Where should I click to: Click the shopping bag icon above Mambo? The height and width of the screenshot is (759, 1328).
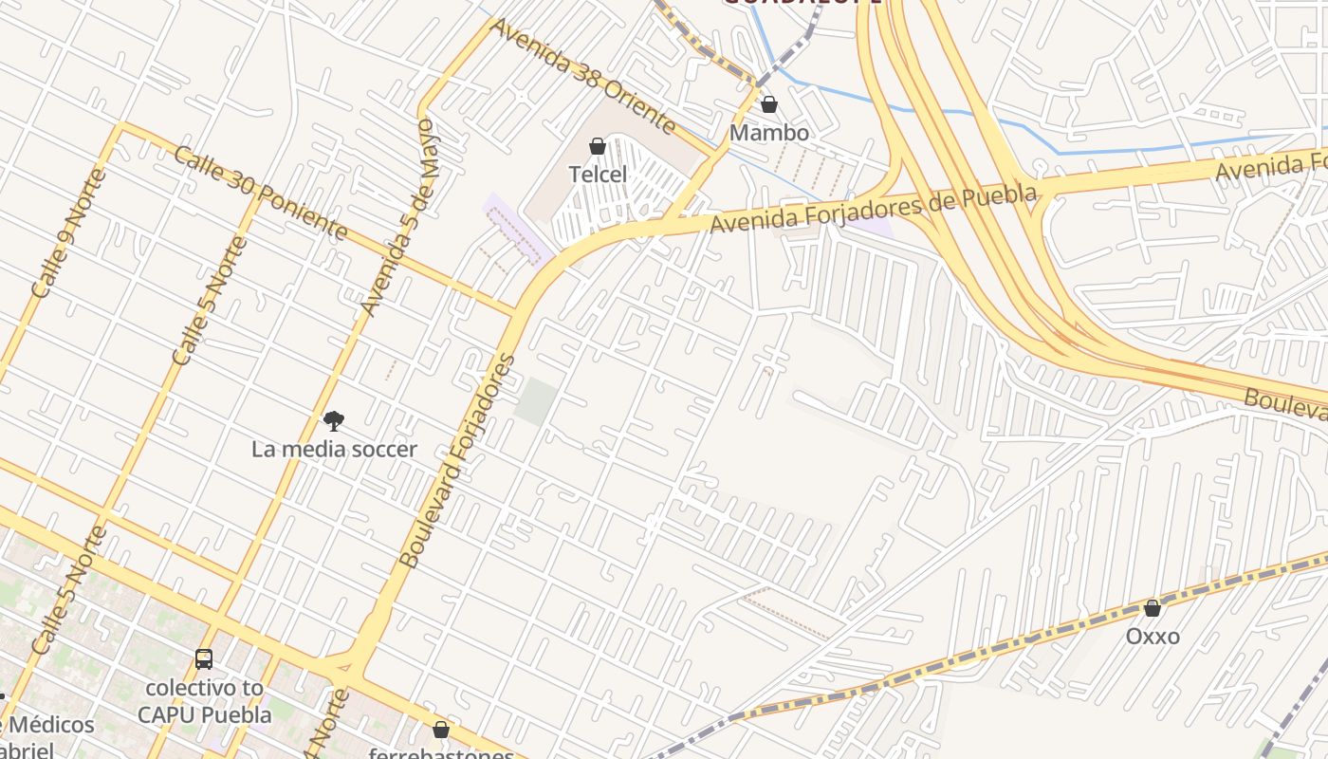coord(769,104)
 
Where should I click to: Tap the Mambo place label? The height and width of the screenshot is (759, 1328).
coord(769,133)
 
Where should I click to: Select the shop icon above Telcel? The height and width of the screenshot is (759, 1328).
coord(598,146)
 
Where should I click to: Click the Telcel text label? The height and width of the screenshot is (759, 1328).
coord(598,175)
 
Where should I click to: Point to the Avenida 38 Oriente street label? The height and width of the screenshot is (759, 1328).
coord(582,75)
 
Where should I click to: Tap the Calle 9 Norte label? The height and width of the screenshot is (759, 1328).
coord(70,233)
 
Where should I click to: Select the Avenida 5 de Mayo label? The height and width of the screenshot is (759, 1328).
coord(402,218)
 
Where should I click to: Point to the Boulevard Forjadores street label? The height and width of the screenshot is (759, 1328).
coord(457,461)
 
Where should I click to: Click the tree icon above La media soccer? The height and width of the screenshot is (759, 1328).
coord(333,420)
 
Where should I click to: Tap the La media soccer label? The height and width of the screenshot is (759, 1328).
coord(334,449)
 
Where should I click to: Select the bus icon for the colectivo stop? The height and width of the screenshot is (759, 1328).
coord(204,658)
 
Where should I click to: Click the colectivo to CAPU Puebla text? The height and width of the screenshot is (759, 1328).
coord(205,700)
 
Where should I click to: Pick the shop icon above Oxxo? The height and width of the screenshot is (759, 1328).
coord(1153,608)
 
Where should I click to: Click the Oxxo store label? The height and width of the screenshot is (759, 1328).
coord(1153,637)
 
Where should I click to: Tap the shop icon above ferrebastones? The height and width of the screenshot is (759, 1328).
coord(441,730)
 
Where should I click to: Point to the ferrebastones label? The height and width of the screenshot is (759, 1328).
coord(441,753)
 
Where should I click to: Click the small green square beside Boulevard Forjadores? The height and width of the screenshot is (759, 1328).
coord(536,401)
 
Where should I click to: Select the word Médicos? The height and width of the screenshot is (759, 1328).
coord(52,726)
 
